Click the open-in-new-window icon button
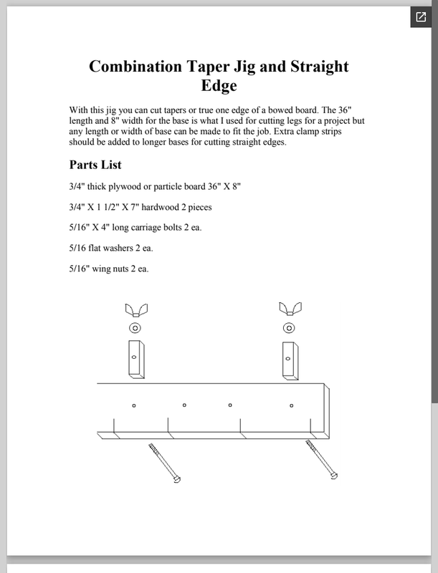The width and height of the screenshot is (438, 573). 421,16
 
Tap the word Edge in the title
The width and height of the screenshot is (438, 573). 219,85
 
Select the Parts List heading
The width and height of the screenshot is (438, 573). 95,165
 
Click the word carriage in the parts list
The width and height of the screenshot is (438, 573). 147,228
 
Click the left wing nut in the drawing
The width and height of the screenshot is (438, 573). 136,310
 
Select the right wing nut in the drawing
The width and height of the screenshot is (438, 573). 290,309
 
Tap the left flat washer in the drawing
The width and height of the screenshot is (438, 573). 135,328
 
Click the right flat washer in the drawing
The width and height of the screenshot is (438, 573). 289,328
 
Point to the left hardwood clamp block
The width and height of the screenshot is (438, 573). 136,360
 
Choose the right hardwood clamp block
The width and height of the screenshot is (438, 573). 290,361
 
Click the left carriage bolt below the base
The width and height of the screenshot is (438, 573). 165,463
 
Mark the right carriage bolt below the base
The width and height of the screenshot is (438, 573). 322,459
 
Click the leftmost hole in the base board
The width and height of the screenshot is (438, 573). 134,405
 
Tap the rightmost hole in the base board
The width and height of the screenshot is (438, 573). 291,405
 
